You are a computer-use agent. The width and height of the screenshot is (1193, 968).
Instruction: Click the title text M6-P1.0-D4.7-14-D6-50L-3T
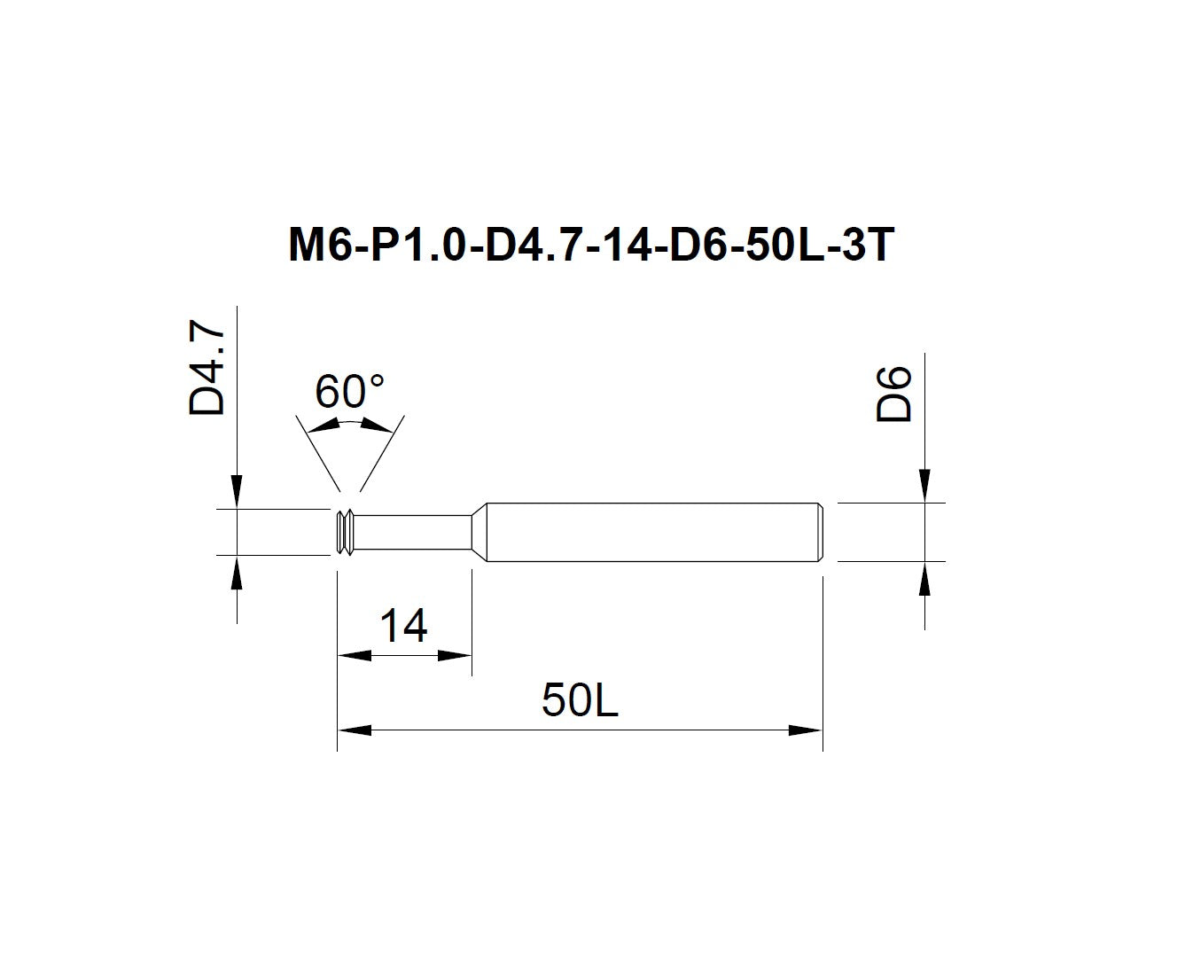[591, 245]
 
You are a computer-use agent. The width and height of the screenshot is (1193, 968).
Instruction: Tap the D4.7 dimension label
[207, 367]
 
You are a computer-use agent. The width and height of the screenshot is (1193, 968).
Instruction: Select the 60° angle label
[349, 391]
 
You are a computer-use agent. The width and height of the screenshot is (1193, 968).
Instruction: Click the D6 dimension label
[893, 394]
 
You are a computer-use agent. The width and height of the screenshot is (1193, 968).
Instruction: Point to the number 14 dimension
[403, 626]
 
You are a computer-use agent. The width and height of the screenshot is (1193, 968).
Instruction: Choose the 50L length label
[580, 700]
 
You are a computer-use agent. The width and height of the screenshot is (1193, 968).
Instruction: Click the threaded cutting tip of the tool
[345, 532]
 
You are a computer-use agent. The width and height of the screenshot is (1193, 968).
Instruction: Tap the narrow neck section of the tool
[413, 532]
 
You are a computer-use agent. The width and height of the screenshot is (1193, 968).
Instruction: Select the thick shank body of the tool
[652, 532]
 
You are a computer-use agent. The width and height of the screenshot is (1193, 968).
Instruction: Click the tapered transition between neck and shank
[479, 532]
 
